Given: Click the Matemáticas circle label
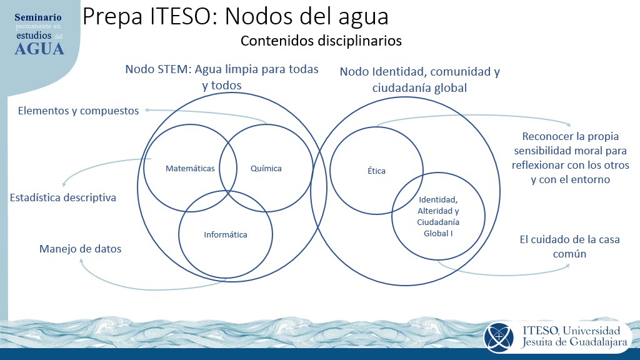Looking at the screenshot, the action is (190, 169).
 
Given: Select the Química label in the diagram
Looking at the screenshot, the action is (266, 169).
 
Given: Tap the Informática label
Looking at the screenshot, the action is (226, 235).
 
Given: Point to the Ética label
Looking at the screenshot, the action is (376, 171).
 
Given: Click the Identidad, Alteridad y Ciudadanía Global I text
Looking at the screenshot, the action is (438, 216).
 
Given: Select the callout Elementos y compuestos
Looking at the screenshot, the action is (78, 111).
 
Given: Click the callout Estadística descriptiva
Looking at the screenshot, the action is (63, 197).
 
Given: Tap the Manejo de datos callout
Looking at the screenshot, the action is (81, 249).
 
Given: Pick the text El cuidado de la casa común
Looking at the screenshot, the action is (570, 246).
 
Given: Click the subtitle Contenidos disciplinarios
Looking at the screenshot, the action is (321, 41).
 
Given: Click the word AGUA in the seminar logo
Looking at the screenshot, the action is (39, 49).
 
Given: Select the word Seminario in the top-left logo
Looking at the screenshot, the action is (38, 17).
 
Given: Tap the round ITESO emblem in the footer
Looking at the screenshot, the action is (498, 337).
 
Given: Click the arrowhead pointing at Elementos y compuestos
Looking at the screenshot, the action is (147, 110).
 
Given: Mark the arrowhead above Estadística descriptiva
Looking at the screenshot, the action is (65, 184).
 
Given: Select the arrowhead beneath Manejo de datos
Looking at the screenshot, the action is (81, 261).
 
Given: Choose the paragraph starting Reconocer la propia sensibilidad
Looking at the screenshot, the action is (570, 158).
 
